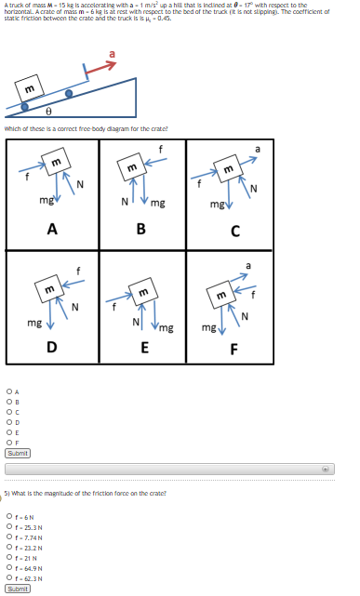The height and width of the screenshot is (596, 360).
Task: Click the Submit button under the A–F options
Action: [x=18, y=453]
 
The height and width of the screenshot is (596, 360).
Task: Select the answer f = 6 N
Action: [x=7, y=517]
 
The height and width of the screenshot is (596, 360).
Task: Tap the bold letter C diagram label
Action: [x=234, y=232]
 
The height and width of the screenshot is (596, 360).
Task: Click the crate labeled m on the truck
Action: [x=31, y=88]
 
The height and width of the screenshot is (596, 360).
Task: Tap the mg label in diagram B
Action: [x=157, y=202]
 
